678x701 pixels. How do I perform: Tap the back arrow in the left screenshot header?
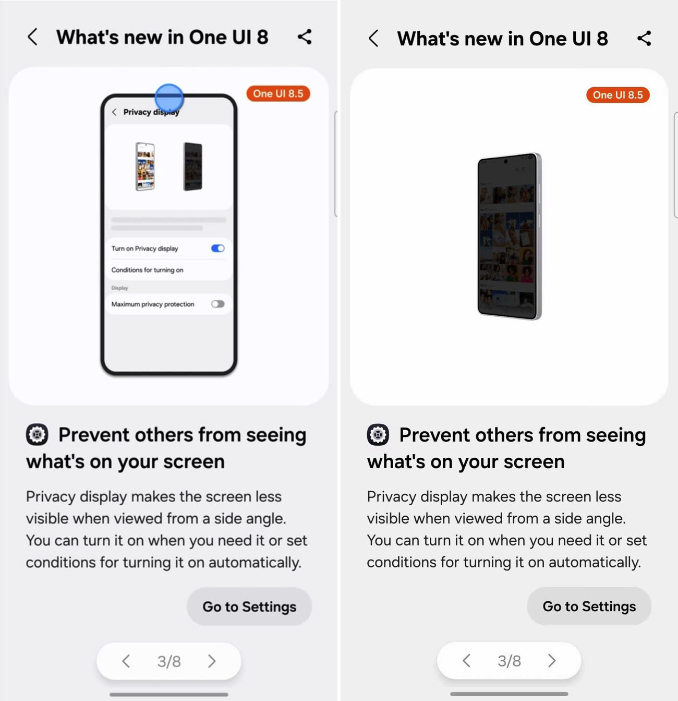coord(32,37)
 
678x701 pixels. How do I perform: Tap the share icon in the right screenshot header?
coord(644,38)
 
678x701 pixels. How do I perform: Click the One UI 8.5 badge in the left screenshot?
coord(278,93)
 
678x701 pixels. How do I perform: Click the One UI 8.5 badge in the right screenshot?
coord(618,95)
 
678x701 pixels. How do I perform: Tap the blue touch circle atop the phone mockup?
coord(169,98)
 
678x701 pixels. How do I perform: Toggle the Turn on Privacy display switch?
coord(217,248)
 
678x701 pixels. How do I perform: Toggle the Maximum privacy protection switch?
coord(217,304)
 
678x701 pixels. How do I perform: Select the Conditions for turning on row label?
coord(147,270)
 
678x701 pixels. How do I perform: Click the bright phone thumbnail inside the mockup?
coord(145,166)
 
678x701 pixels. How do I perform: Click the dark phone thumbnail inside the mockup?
coord(193,166)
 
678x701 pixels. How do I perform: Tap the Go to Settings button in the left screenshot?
coord(249,607)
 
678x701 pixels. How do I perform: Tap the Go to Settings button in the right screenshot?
coord(589,606)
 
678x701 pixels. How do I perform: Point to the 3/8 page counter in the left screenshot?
coord(169,661)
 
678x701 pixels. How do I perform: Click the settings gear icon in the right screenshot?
coord(378,435)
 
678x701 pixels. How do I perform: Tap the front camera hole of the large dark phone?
coord(505,161)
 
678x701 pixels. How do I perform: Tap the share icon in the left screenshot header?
coord(305,37)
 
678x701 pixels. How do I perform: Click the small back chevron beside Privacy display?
coord(114,112)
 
